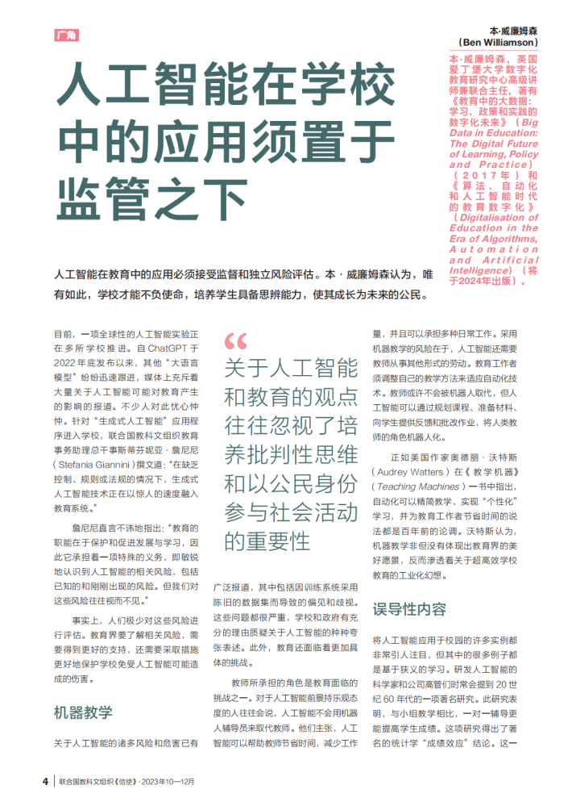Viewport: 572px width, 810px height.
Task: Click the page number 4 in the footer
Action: tap(45, 781)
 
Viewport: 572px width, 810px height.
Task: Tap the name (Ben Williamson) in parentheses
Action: tap(497, 41)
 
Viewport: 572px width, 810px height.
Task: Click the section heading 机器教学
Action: tap(83, 712)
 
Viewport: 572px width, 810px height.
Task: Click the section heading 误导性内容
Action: tap(409, 608)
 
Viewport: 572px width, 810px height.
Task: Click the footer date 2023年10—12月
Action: tap(169, 782)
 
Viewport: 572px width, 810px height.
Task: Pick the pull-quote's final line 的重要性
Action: tap(267, 540)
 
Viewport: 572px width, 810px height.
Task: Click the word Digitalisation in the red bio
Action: tap(494, 217)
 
